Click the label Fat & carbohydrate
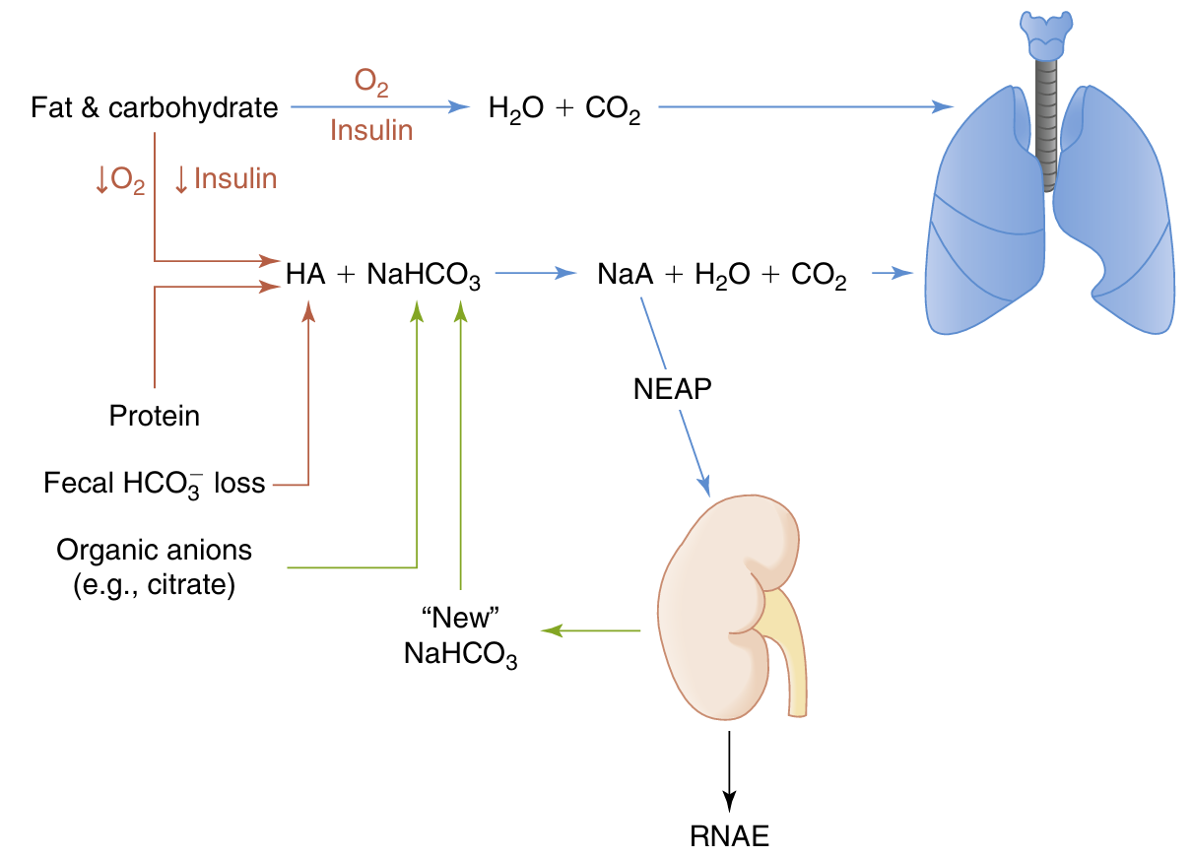pyautogui.click(x=155, y=107)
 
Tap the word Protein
pyautogui.click(x=155, y=416)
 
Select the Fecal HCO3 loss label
pyautogui.click(x=155, y=483)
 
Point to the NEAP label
pyautogui.click(x=673, y=389)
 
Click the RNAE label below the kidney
pyautogui.click(x=729, y=837)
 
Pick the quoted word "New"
pyautogui.click(x=461, y=619)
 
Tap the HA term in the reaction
pyautogui.click(x=305, y=275)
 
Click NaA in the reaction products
pyautogui.click(x=626, y=275)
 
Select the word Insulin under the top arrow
pyautogui.click(x=371, y=130)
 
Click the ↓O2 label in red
pyautogui.click(x=119, y=179)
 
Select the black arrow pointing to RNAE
pyautogui.click(x=729, y=768)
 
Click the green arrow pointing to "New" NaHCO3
pyautogui.click(x=591, y=630)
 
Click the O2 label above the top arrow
pyautogui.click(x=371, y=86)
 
